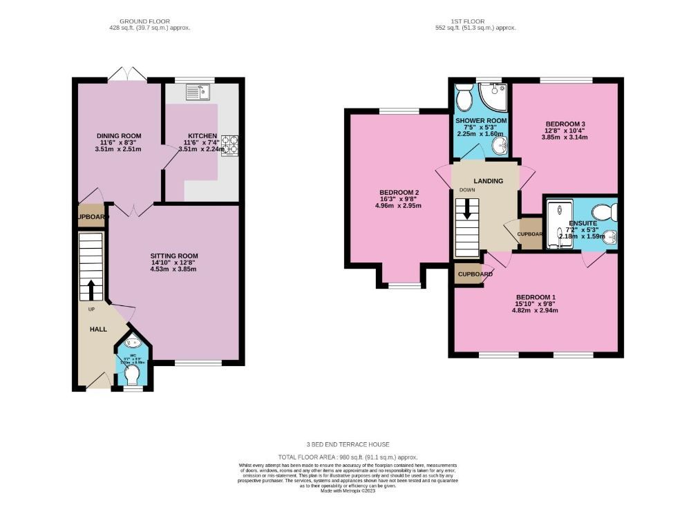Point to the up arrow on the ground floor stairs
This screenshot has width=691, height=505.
click(90, 289)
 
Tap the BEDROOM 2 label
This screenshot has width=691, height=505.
click(399, 193)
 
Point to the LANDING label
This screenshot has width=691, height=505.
click(488, 181)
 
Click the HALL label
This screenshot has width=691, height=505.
click(98, 330)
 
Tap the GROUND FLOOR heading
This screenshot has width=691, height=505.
click(149, 21)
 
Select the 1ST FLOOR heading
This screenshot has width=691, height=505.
click(477, 21)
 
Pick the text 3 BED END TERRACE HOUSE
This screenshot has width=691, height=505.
click(343, 444)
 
